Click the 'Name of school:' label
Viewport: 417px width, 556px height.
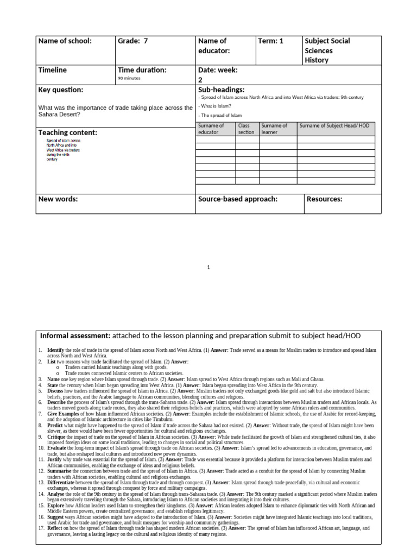click(x=65, y=41)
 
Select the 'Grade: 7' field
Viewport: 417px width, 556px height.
click(x=132, y=41)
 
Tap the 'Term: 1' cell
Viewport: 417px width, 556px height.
click(x=270, y=41)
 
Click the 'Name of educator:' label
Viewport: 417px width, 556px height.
click(x=213, y=46)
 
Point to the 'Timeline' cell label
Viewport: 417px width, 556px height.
click(x=53, y=70)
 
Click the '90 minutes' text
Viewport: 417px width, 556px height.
click(x=129, y=78)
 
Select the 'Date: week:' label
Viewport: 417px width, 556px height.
click(x=218, y=70)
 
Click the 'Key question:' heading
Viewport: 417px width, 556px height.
click(x=61, y=90)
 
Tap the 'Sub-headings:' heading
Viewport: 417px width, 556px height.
click(x=222, y=90)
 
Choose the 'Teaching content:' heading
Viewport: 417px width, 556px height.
click(x=68, y=132)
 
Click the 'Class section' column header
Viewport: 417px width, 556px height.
click(x=247, y=129)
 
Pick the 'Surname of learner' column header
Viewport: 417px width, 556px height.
click(x=274, y=129)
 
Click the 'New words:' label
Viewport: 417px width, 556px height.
click(x=58, y=199)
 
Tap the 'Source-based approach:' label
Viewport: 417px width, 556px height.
click(x=238, y=199)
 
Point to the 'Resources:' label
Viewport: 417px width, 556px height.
click(x=325, y=199)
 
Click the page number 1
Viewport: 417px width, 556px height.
click(x=208, y=267)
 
